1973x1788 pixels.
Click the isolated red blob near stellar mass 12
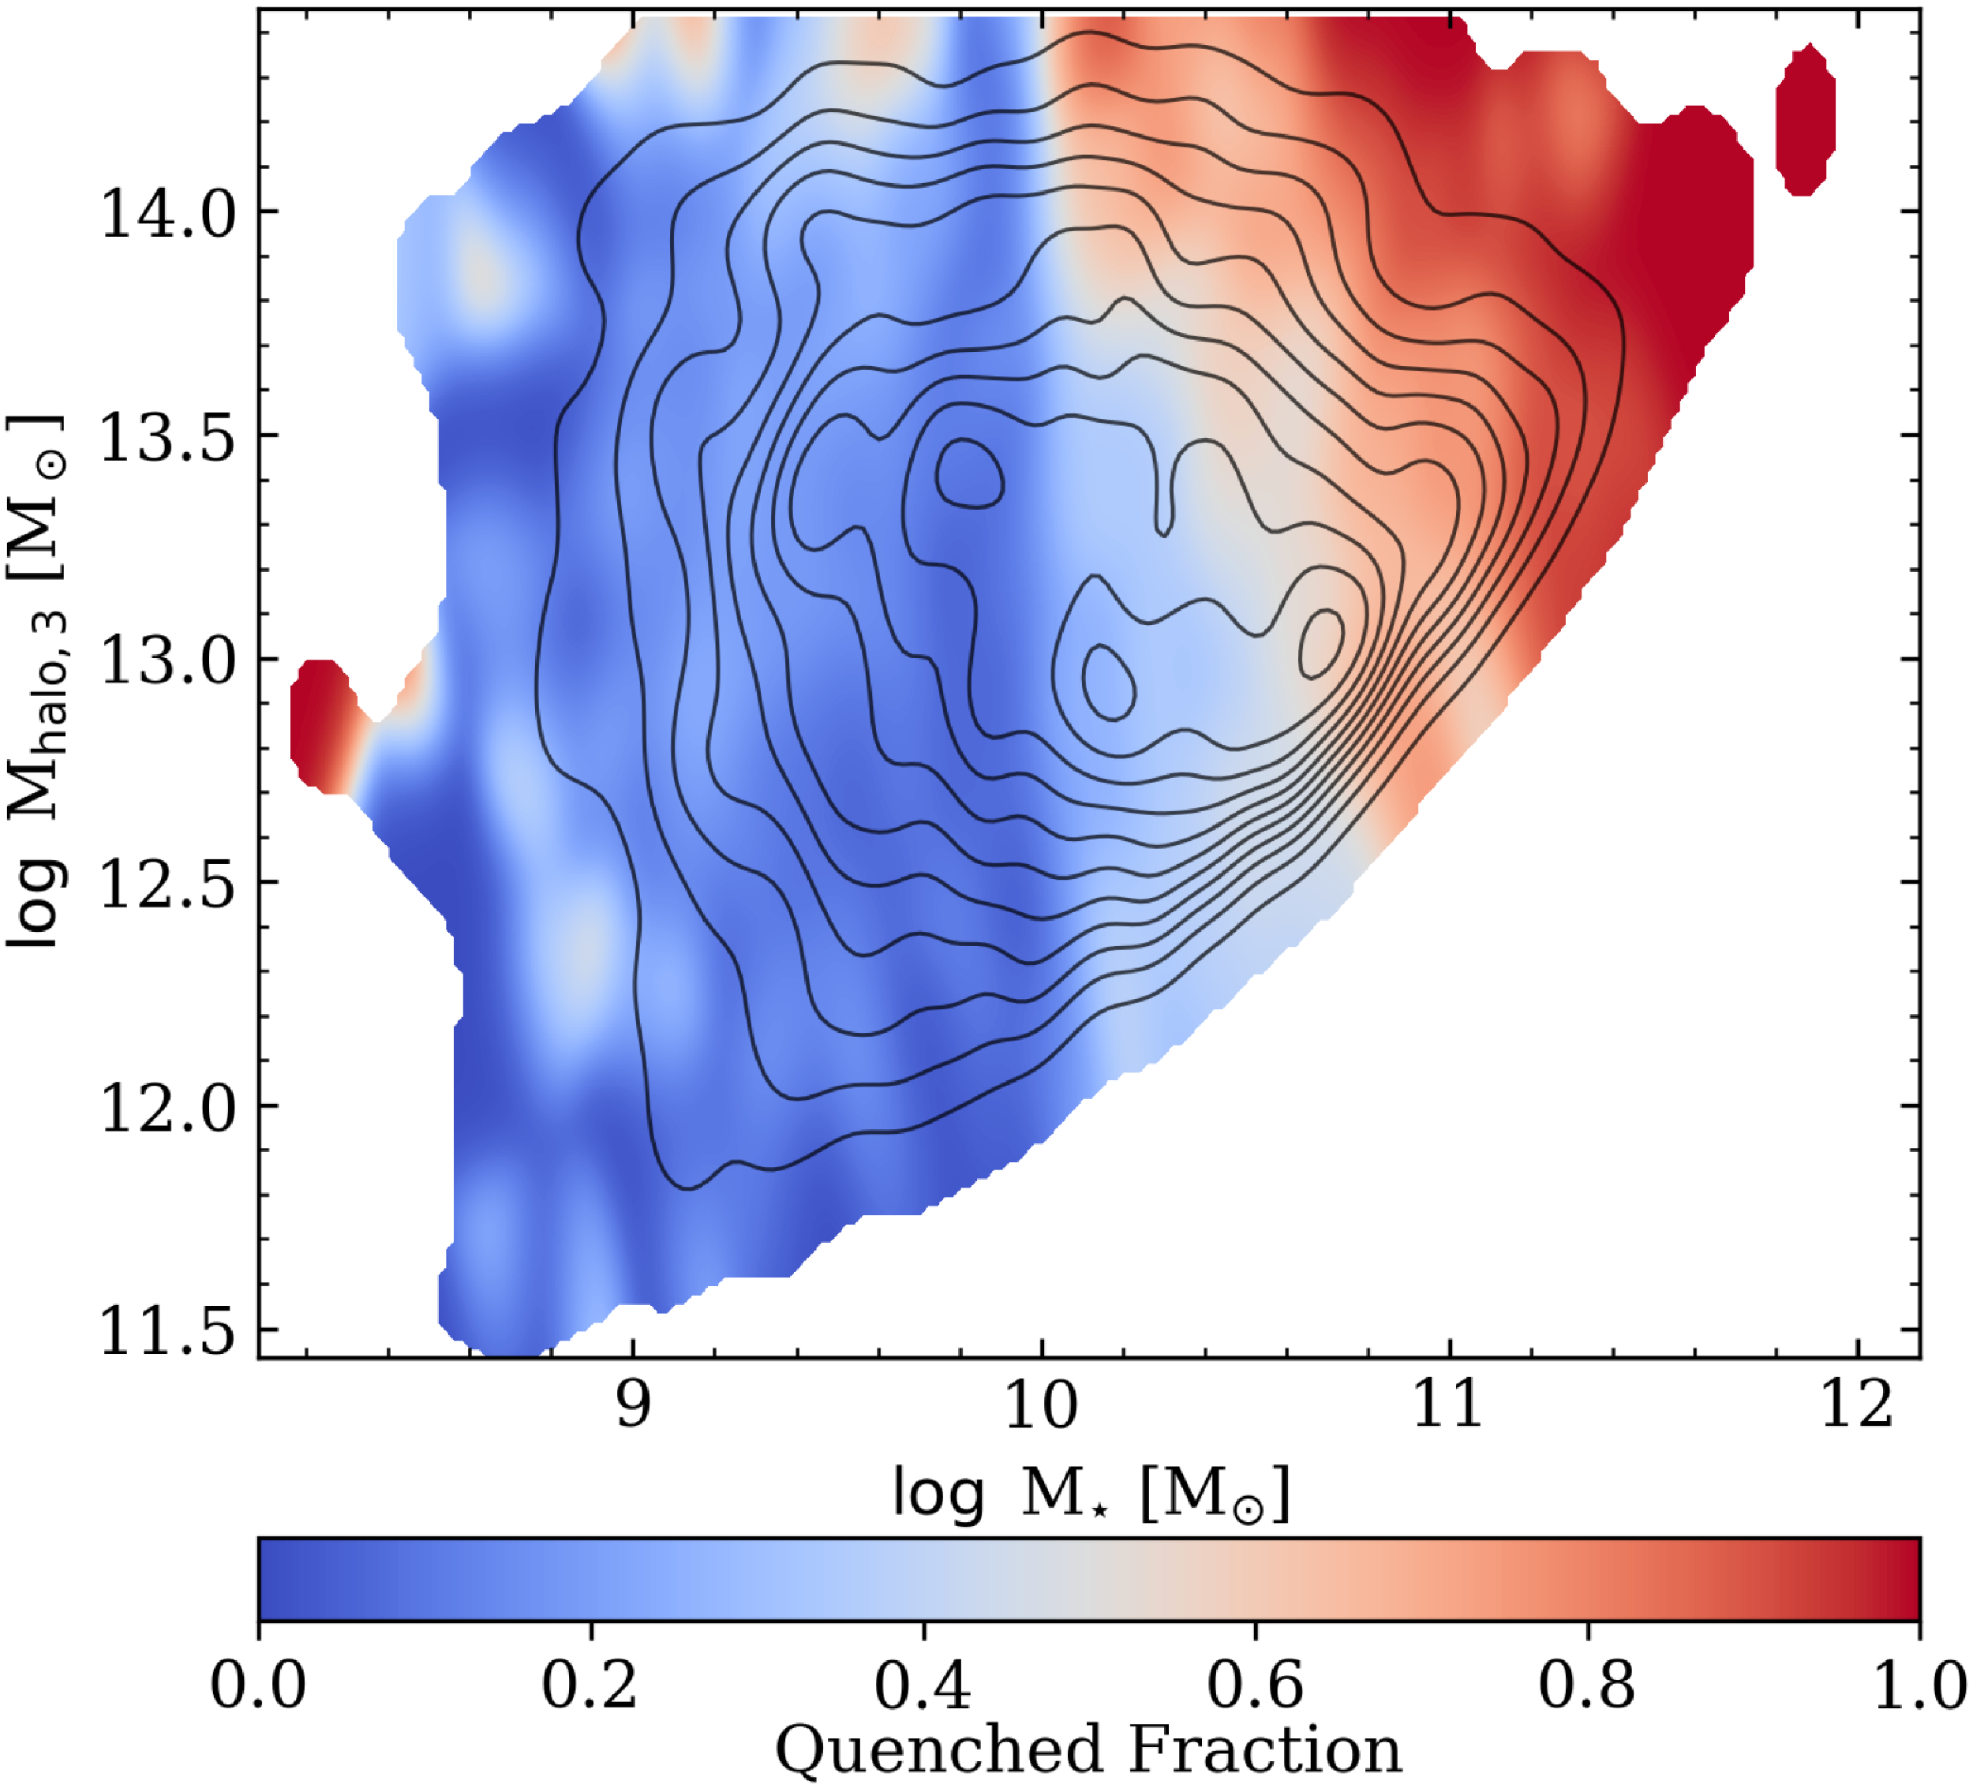1805,119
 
